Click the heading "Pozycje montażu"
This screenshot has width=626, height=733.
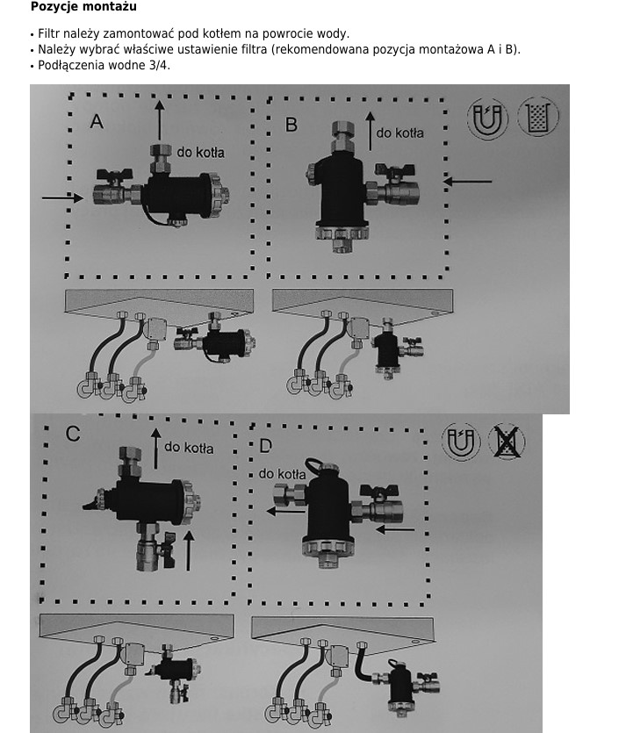click(83, 6)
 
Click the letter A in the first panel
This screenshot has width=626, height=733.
click(97, 121)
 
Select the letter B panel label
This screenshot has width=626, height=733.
click(291, 125)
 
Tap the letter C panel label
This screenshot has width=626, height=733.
click(73, 434)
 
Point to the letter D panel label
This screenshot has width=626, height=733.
click(265, 445)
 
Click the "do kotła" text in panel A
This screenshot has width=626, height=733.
click(200, 153)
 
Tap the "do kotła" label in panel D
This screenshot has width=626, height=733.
click(283, 474)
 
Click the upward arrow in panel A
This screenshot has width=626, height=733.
click(160, 120)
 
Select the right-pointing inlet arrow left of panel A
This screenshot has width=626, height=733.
click(62, 198)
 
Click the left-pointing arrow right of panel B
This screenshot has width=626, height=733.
click(467, 182)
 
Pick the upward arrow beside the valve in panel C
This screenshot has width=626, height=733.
click(189, 550)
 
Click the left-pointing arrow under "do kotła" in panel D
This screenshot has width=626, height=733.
click(285, 511)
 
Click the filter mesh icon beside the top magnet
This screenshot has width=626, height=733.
click(538, 117)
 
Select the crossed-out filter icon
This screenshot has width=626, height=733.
click(507, 442)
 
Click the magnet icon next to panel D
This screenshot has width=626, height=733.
click(460, 442)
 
